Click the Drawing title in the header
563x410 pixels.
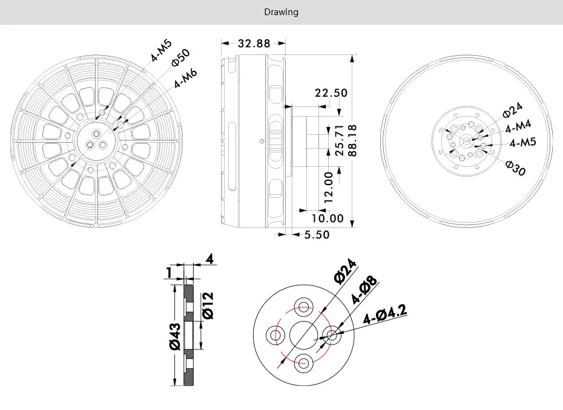click(x=281, y=12)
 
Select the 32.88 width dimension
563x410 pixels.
click(x=254, y=44)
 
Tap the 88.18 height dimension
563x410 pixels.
click(x=351, y=140)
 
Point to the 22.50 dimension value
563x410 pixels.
click(x=331, y=93)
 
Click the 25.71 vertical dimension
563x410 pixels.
click(x=339, y=140)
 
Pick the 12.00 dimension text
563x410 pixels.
click(x=328, y=187)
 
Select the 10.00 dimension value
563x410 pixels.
click(x=328, y=218)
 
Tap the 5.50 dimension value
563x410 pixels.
click(x=316, y=235)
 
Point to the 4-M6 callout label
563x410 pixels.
click(x=185, y=79)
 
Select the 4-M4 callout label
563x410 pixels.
click(x=518, y=126)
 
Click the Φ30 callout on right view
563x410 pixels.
click(x=515, y=169)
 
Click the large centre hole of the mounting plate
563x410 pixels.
click(x=303, y=334)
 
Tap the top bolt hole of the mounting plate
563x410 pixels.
click(x=303, y=305)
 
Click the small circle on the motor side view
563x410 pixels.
click(x=261, y=142)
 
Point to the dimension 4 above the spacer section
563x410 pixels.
click(x=209, y=259)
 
